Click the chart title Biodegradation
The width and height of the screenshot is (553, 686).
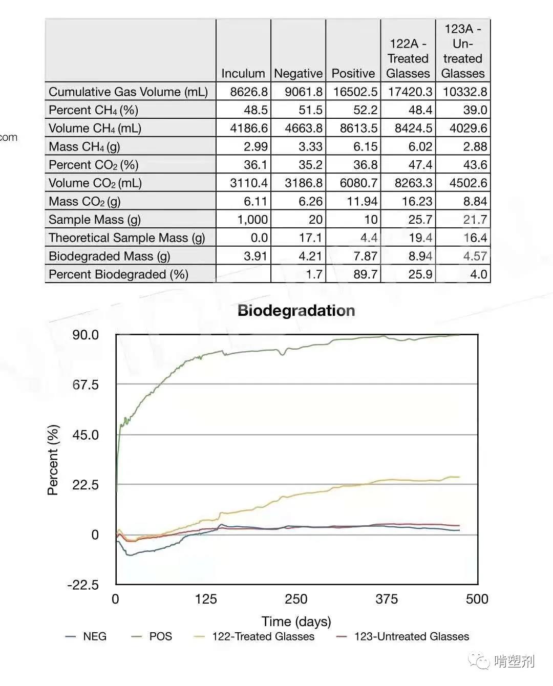tap(296, 311)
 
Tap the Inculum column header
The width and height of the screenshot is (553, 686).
tap(243, 74)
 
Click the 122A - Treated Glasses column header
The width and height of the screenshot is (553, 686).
tap(408, 59)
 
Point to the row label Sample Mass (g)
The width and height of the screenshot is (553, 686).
tap(95, 220)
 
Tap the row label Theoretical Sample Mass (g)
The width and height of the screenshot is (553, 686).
tap(126, 238)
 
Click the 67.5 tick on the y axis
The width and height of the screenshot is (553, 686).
tap(86, 384)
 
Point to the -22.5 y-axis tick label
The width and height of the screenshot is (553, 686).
tap(83, 585)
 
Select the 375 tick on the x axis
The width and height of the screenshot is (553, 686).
tap(387, 599)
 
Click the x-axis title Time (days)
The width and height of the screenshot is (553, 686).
tap(296, 621)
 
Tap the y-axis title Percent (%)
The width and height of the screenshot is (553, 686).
tap(53, 460)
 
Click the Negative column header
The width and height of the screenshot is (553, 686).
tap(299, 74)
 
